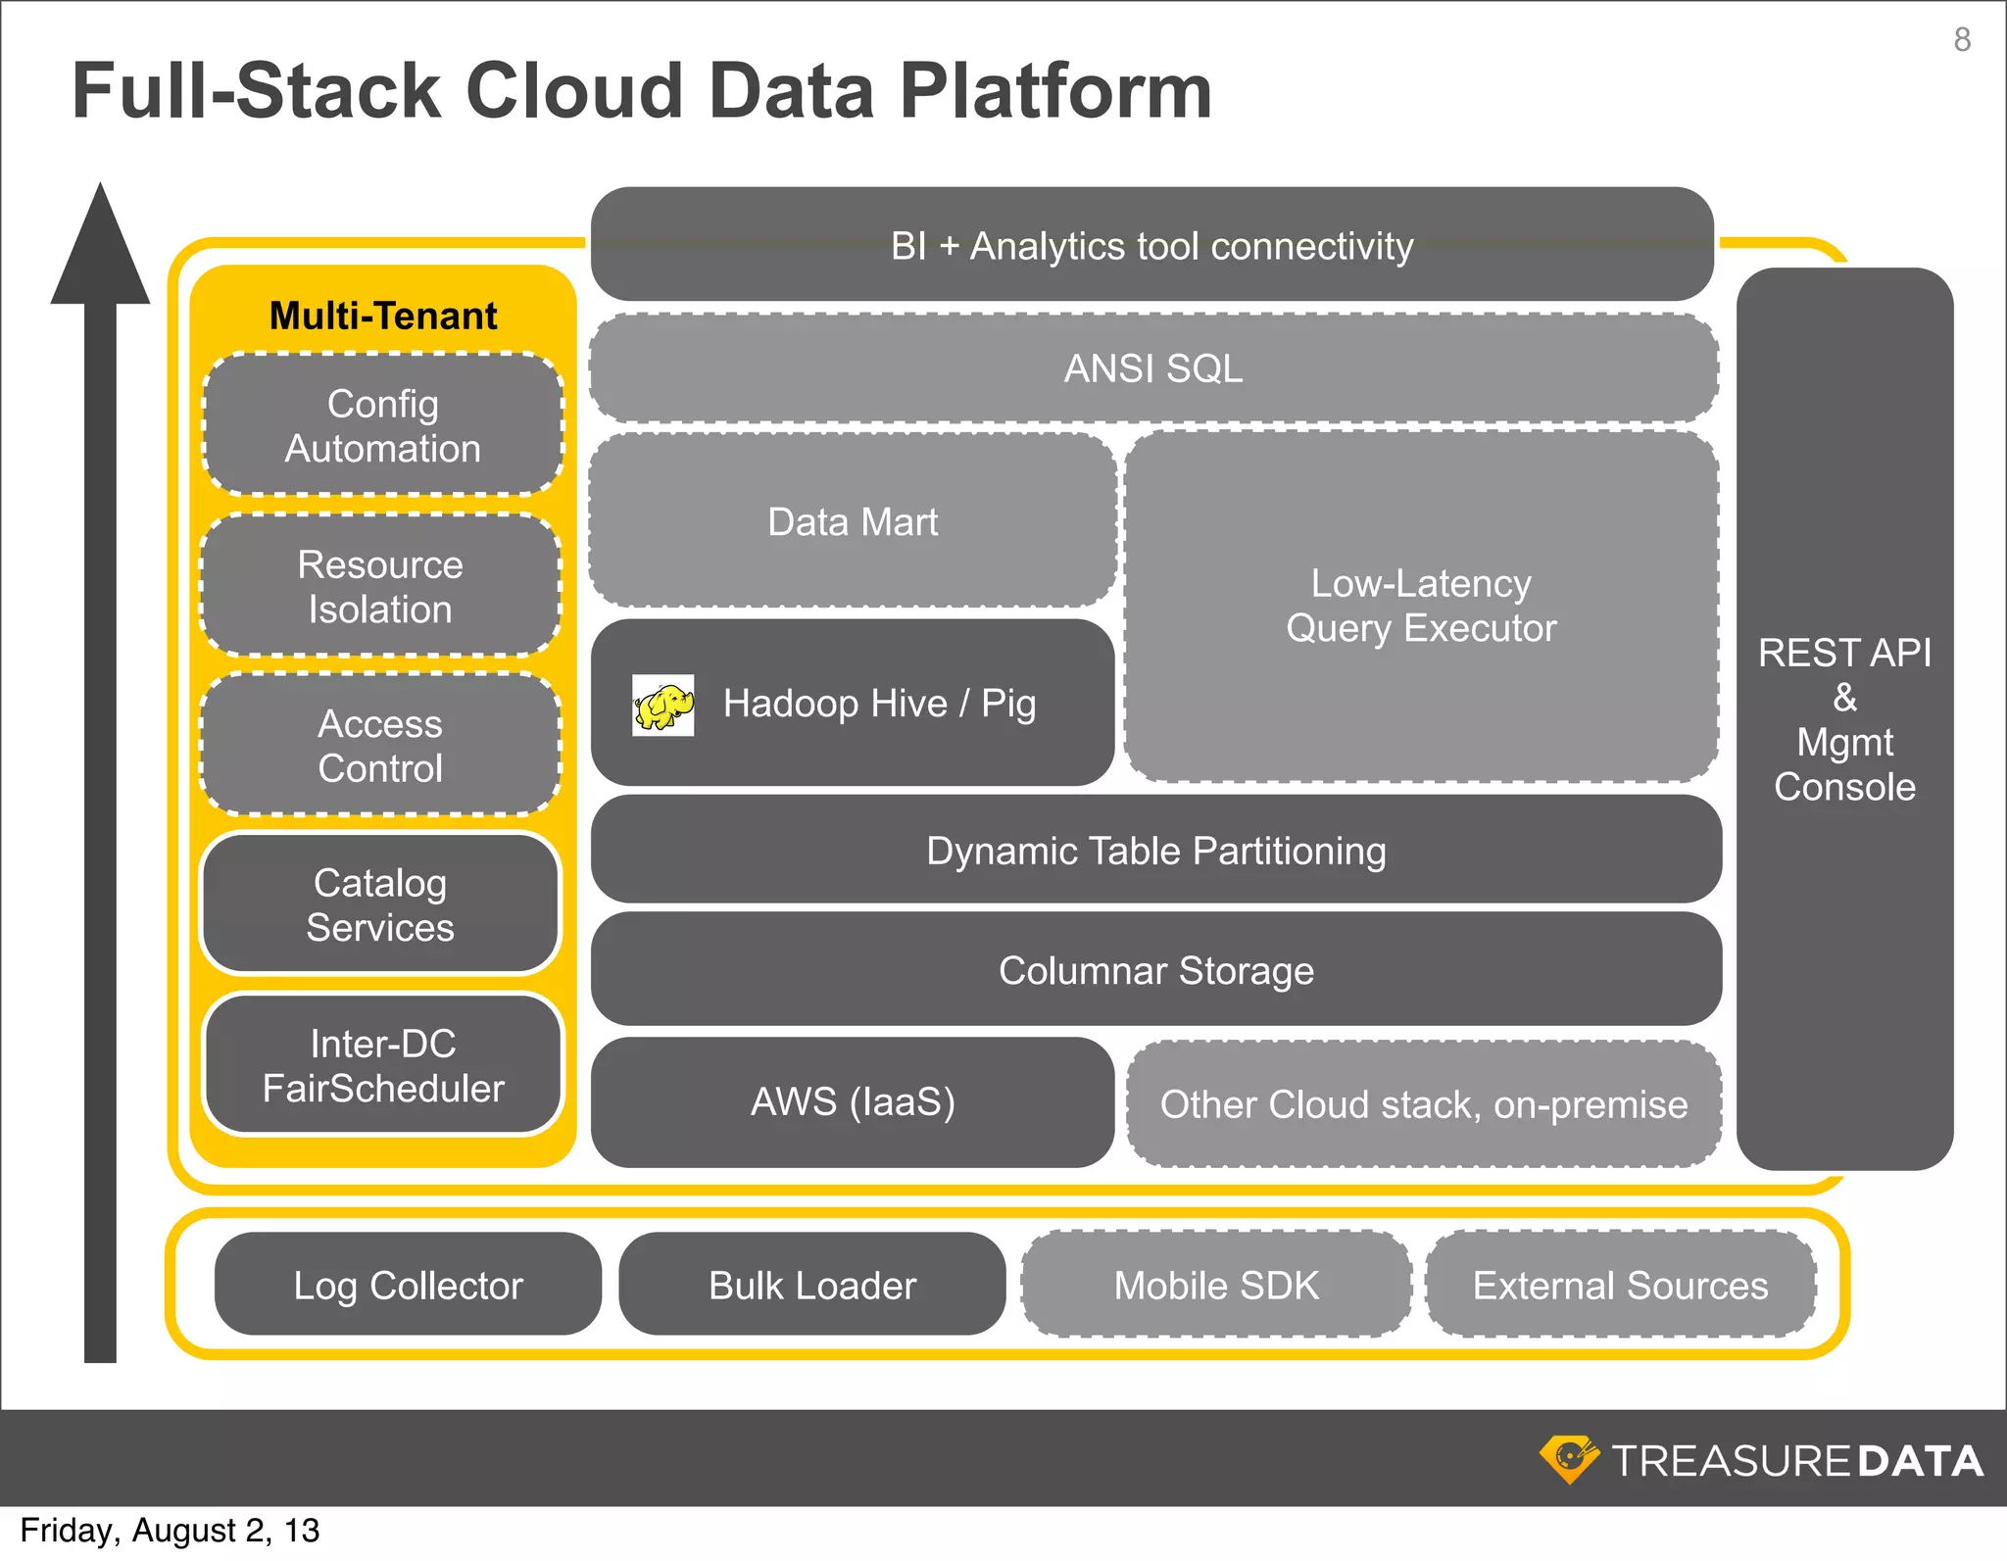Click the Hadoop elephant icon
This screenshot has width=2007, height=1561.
click(x=663, y=705)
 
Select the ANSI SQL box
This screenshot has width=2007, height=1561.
click(x=1153, y=368)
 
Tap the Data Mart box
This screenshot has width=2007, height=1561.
click(x=853, y=521)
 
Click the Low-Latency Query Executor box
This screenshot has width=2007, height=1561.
click(x=1421, y=607)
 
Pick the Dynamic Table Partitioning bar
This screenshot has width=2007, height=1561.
click(x=1156, y=850)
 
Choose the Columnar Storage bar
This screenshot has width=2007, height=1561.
click(x=1156, y=970)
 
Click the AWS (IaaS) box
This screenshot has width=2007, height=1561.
click(x=853, y=1102)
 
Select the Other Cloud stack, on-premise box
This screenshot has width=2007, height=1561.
click(x=1424, y=1104)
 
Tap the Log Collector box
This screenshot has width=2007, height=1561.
click(x=408, y=1285)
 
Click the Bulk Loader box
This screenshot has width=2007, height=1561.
click(x=812, y=1285)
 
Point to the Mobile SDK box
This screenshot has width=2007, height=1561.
click(x=1216, y=1285)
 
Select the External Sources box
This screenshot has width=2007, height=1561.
click(x=1621, y=1285)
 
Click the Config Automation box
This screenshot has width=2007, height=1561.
click(x=383, y=425)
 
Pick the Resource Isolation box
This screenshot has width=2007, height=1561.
click(x=380, y=586)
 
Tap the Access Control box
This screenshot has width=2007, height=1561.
click(x=380, y=746)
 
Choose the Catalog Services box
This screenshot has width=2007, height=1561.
click(x=380, y=904)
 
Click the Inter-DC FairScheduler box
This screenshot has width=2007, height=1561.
click(x=383, y=1065)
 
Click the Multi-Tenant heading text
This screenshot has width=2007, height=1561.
click(x=383, y=316)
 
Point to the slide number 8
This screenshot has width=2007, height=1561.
click(x=1962, y=39)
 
